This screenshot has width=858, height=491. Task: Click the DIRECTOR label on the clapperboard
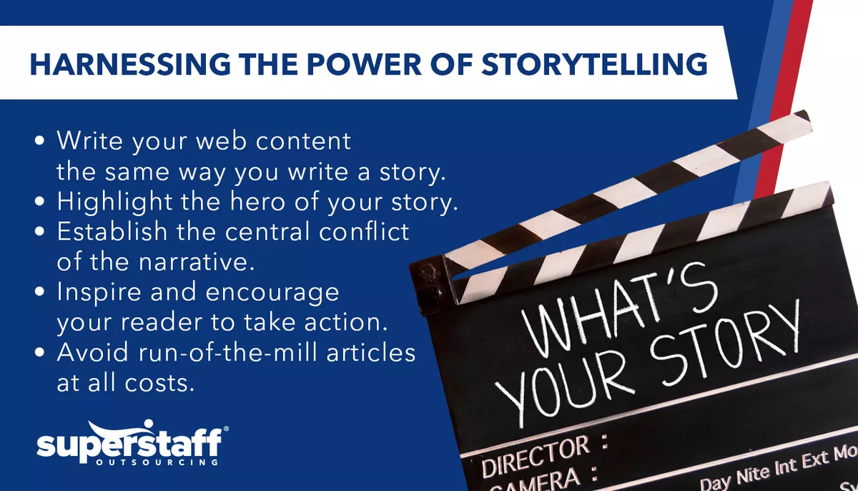[x=526, y=458]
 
